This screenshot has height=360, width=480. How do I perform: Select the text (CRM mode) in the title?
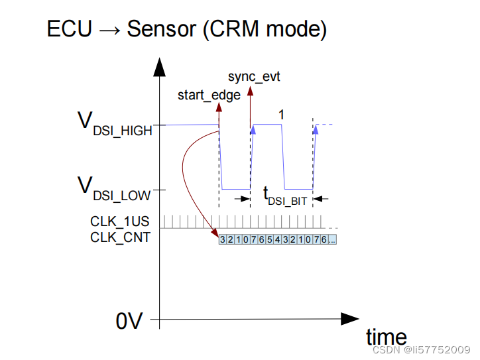(x=263, y=29)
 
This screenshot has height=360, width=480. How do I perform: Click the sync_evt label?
(x=254, y=77)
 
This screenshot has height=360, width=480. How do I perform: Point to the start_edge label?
(x=209, y=95)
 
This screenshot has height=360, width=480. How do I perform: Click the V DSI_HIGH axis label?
(x=115, y=124)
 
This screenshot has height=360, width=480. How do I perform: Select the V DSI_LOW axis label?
(x=115, y=188)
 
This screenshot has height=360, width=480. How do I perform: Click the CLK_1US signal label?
(x=120, y=221)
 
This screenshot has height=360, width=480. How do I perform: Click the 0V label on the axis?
(x=129, y=321)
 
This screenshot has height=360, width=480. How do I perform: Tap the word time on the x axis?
(x=387, y=336)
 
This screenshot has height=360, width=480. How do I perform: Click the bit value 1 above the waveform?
(x=281, y=115)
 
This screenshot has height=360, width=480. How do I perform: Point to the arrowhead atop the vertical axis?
(x=158, y=66)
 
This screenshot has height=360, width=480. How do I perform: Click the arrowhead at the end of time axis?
(x=350, y=319)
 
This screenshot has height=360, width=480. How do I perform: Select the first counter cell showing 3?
(x=223, y=239)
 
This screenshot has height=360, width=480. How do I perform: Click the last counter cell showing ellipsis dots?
(x=332, y=239)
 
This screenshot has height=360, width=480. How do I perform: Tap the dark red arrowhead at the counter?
(x=215, y=233)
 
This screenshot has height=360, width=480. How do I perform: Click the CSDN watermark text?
(x=420, y=349)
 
